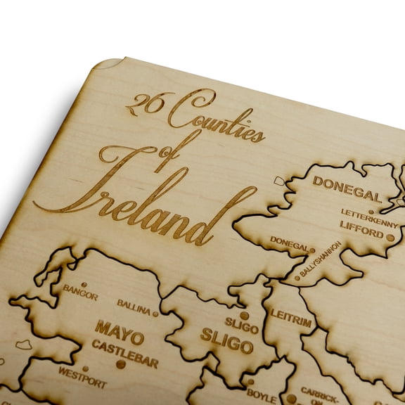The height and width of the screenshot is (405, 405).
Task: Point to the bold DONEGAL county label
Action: tap(347, 185)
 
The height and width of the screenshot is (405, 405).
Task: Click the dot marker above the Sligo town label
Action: tap(243, 315)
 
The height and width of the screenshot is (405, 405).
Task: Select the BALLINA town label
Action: tap(134, 305)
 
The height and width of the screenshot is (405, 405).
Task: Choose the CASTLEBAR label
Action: tap(124, 347)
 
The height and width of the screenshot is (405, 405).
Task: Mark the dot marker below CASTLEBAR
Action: tap(121, 364)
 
